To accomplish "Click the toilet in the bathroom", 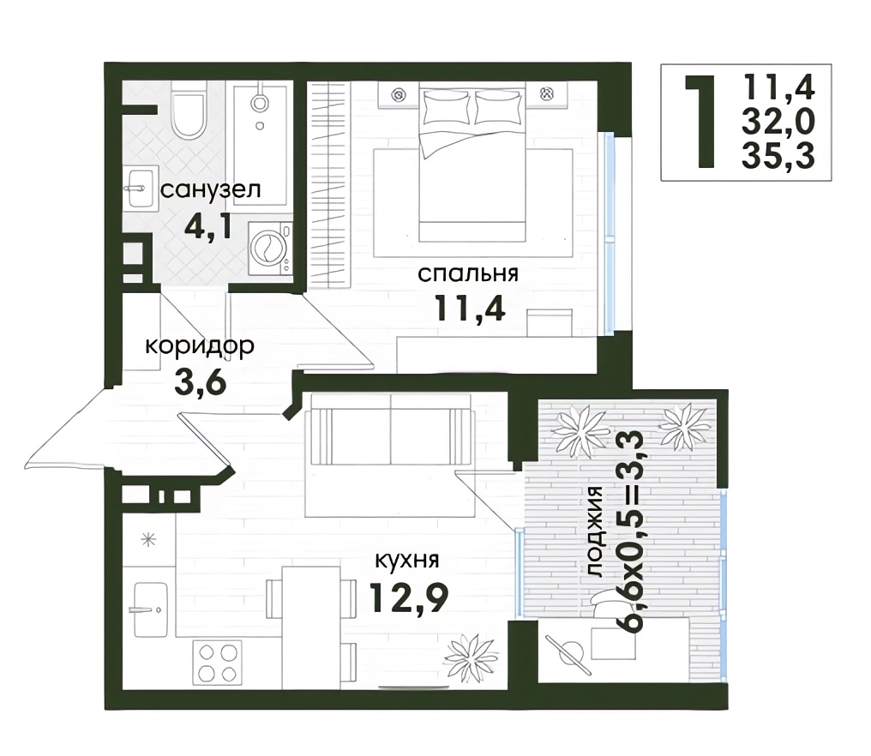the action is pos(189,111).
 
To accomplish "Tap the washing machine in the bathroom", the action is pos(270,249).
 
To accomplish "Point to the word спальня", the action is pos(468,273).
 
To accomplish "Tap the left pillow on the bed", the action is pos(447,106).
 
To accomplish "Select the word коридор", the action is pos(200,346).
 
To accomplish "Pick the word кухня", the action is pos(407,560).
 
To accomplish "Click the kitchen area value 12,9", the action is pos(408,597).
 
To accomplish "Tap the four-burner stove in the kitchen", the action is pos(217,663).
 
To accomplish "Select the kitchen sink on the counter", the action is pos(149,610).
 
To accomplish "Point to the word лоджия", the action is pos(594,531).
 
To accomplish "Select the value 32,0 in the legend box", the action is pos(778,122).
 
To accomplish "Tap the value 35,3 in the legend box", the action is pos(778,155).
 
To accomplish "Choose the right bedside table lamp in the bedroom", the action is pos(547,94).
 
